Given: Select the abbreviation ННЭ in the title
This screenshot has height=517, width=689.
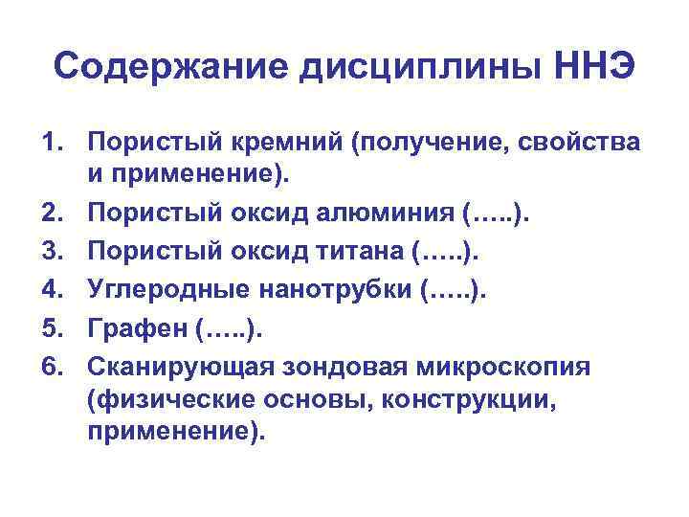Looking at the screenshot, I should (595, 67).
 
